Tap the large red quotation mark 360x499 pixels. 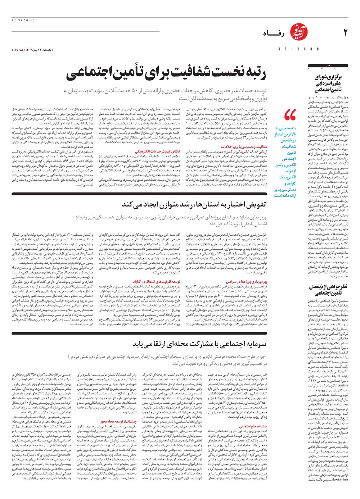point(290,115)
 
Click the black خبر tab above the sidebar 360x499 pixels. point(328,66)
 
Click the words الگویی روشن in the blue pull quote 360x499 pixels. point(285,165)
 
